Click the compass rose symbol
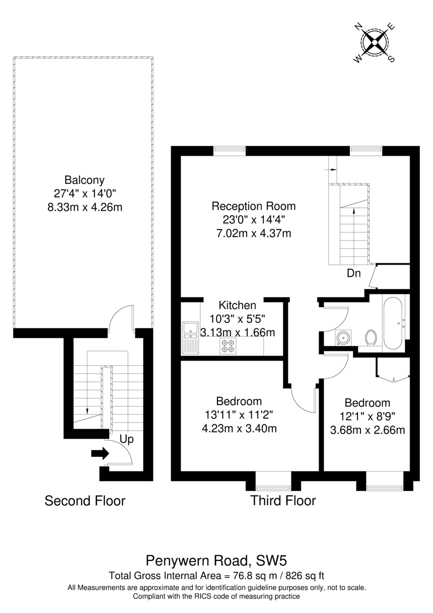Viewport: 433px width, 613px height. [x=374, y=43]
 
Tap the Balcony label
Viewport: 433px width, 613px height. [x=85, y=180]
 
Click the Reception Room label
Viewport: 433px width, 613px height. [x=254, y=206]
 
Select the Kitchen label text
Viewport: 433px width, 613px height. [x=237, y=305]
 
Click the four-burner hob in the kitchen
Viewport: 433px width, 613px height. [x=228, y=346]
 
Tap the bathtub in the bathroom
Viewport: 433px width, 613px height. [x=393, y=323]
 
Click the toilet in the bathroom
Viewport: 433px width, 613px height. [x=371, y=338]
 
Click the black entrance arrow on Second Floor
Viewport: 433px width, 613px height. [x=100, y=453]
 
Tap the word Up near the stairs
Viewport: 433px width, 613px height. [x=127, y=439]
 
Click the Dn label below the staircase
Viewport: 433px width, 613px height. [x=354, y=273]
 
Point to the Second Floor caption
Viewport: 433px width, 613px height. [x=85, y=501]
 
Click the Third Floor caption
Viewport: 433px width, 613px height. [x=283, y=501]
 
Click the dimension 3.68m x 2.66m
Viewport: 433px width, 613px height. [x=367, y=430]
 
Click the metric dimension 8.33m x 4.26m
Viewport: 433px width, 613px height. [x=85, y=207]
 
